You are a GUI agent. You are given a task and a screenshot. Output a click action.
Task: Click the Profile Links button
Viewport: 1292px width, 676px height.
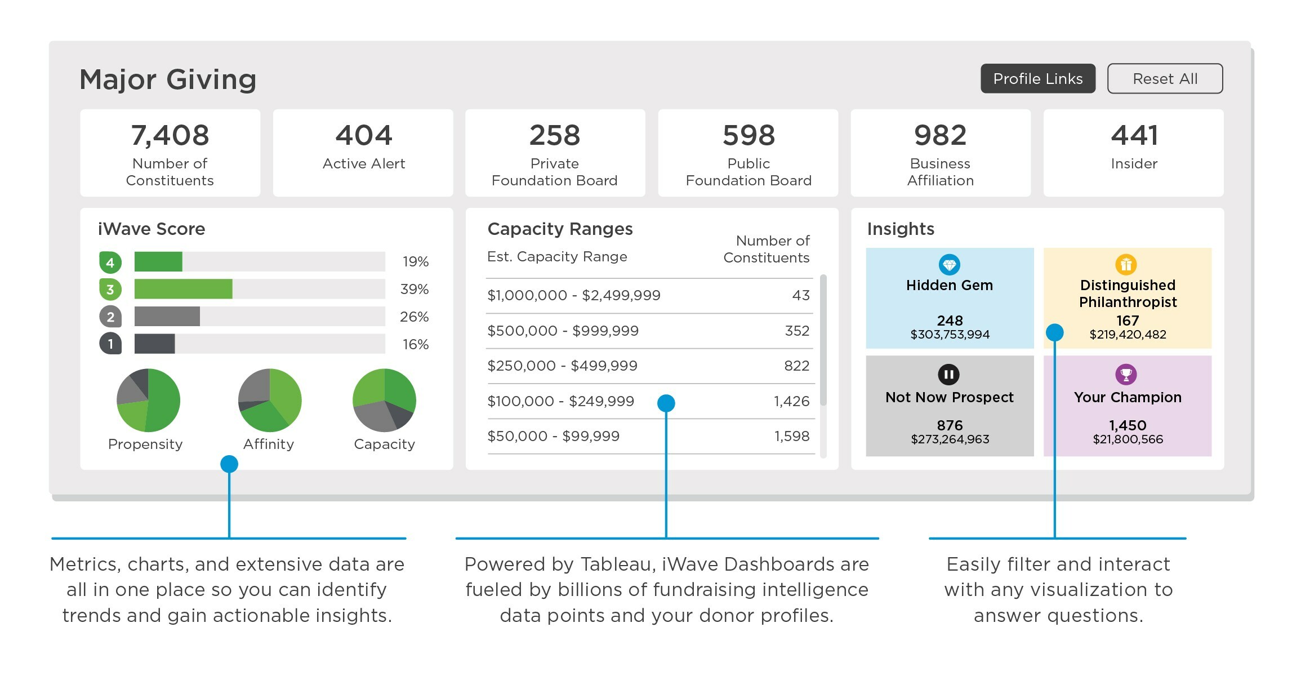coord(1038,78)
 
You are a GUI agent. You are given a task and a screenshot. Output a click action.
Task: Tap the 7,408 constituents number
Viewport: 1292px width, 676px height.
coord(170,136)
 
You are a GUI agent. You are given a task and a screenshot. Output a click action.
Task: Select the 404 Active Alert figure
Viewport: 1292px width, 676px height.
coord(364,135)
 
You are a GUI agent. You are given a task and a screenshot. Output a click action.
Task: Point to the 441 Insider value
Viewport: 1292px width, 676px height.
coord(1134,135)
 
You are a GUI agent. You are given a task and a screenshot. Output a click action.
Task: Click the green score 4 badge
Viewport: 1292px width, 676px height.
coord(110,263)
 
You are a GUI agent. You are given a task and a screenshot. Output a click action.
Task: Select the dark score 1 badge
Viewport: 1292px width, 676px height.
coord(110,344)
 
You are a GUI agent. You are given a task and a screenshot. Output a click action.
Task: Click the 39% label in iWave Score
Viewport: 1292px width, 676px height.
coord(415,289)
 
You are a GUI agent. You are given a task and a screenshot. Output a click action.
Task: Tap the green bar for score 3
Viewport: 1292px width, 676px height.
coord(184,289)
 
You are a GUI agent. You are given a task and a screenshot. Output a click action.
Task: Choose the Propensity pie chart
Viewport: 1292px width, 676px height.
coord(148,401)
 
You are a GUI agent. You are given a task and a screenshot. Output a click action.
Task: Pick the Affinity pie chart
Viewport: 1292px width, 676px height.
coord(270,401)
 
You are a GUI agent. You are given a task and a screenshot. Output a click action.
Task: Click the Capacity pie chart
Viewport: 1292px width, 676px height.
coord(384,401)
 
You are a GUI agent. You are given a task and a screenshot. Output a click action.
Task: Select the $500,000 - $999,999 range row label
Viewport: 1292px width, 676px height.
coord(563,331)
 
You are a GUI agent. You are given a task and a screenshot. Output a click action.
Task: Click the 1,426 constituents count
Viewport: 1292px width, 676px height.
coord(791,401)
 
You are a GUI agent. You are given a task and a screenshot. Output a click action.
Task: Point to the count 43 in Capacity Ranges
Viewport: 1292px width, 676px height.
coord(801,295)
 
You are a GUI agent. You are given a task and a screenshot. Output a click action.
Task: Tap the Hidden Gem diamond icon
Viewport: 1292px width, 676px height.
coord(950,264)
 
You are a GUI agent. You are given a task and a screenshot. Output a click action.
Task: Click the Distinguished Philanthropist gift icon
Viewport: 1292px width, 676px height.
coord(1126,264)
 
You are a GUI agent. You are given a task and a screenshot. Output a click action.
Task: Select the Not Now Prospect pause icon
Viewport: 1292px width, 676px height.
coord(949,375)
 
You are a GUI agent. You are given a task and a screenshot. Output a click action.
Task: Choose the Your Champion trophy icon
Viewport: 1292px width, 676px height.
coord(1126,375)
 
